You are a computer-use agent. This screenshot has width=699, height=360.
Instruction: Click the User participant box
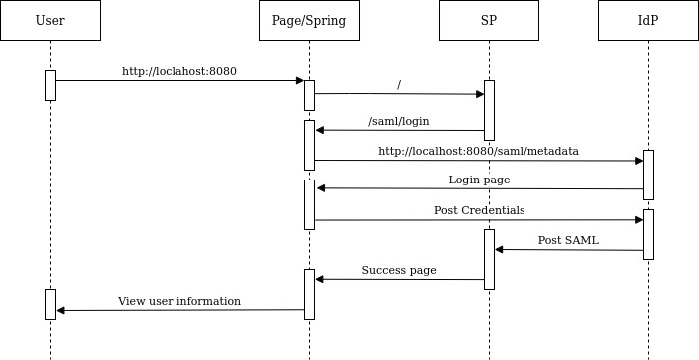pos(50,20)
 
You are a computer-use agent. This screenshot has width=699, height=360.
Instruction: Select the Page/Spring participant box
pos(309,20)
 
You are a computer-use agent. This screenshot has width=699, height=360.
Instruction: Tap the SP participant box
pos(489,20)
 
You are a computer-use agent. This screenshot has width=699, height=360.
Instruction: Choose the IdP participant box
pos(648,20)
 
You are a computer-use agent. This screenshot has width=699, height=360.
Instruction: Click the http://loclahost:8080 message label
pos(179,71)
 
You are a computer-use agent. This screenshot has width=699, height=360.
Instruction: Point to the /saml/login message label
pos(399,121)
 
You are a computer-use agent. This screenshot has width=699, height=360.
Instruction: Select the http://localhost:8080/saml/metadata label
pos(479,151)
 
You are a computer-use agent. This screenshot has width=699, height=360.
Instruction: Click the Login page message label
pos(479,180)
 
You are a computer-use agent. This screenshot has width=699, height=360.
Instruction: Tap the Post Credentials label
pos(479,210)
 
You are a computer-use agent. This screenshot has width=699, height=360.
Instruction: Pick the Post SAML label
pos(568,240)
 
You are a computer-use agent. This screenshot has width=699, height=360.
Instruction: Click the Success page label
pos(399,270)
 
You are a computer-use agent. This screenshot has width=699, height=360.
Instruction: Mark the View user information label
pos(179,300)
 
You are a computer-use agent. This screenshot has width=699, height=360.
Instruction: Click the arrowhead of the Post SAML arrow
pos(499,249)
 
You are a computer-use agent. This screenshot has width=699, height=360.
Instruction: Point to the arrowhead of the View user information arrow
pos(61,310)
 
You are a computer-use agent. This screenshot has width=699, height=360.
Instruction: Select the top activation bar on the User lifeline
pos(50,85)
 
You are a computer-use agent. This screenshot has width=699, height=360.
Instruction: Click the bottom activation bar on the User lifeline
pos(50,304)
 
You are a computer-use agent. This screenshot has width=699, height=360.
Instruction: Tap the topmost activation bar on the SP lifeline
pos(489,110)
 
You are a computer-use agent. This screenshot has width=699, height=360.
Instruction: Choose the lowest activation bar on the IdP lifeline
pos(648,234)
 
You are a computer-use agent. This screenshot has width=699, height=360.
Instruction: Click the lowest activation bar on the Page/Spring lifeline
pos(309,294)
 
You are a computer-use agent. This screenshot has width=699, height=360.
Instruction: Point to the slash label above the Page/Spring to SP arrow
pos(399,85)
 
